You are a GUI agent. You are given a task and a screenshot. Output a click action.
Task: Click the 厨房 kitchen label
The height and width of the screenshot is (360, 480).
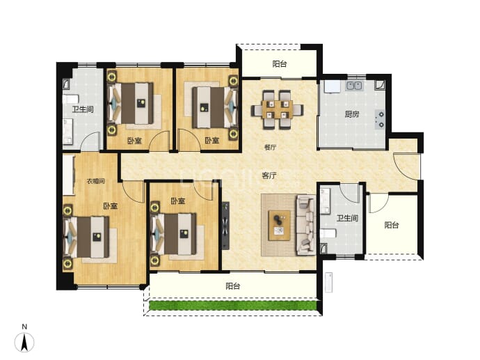tap(352, 114)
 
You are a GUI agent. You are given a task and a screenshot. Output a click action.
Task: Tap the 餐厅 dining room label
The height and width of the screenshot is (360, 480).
tap(270, 147)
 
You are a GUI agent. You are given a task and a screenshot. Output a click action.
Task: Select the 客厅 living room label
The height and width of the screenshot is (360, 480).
tap(269, 175)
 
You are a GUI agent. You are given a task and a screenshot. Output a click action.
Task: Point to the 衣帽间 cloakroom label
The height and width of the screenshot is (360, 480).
tap(95, 181)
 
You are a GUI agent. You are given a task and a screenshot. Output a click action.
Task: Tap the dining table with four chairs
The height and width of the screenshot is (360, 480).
tap(278, 109)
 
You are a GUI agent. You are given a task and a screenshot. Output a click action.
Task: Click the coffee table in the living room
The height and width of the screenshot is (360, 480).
tap(279, 225)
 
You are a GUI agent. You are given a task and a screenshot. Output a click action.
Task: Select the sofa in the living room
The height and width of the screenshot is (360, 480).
tap(305, 225)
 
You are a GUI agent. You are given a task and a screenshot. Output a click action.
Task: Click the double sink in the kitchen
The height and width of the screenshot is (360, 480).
tap(355, 86)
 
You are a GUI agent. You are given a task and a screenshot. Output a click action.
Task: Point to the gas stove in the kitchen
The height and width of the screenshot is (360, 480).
tap(381, 120)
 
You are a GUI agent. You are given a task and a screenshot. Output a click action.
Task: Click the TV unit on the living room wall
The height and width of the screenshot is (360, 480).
tap(225, 225)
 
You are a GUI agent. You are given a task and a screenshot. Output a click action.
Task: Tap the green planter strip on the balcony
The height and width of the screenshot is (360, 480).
tap(232, 305)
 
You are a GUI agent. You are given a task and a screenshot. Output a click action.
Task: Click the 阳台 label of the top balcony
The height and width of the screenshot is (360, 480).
tap(280, 64)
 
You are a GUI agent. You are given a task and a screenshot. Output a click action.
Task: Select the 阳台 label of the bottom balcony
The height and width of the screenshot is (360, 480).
tap(232, 286)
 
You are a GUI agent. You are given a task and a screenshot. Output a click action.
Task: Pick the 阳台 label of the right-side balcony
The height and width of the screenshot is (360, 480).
tap(392, 225)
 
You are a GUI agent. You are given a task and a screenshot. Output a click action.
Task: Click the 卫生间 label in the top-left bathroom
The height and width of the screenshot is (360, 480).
tap(83, 109)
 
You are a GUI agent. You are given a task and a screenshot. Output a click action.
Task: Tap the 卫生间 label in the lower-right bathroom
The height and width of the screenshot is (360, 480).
tap(347, 218)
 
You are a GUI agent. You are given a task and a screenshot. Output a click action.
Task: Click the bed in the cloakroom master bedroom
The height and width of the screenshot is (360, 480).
tap(86, 237)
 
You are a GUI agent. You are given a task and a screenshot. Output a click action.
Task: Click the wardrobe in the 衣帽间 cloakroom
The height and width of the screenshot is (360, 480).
tap(69, 175)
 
